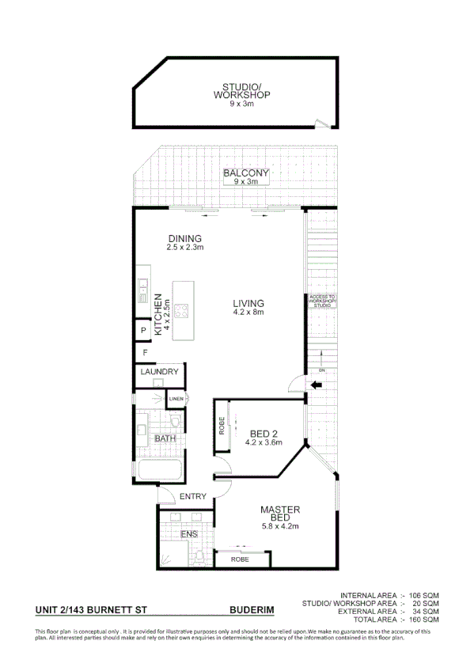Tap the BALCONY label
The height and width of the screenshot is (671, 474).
(245, 173)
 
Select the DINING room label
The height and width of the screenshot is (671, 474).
(184, 238)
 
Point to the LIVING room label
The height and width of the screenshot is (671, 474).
(248, 303)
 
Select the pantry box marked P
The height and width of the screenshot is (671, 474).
(143, 331)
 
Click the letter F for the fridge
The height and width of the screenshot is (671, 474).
(145, 352)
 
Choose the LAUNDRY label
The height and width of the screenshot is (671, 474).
(159, 372)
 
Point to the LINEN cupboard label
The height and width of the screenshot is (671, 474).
(176, 399)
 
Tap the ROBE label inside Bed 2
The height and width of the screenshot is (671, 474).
(222, 427)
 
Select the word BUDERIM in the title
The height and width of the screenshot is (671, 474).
(251, 610)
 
